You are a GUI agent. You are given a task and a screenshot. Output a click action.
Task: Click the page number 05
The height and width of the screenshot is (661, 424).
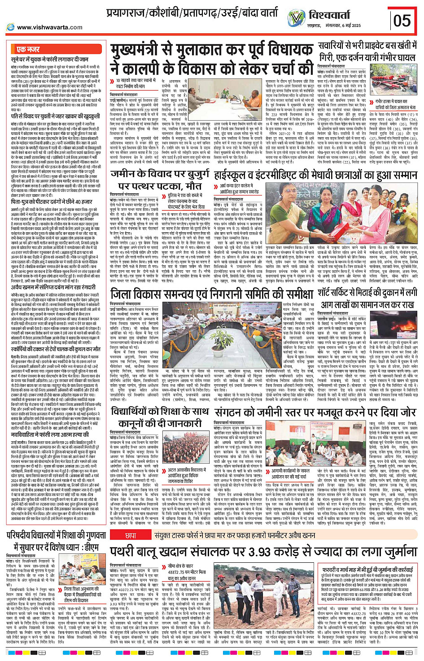tap(402, 21)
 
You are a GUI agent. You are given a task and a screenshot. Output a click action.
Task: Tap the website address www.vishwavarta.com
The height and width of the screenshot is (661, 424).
tap(49, 27)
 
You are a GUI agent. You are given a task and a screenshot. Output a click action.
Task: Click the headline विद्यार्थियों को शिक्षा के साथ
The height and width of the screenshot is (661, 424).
tap(160, 417)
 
